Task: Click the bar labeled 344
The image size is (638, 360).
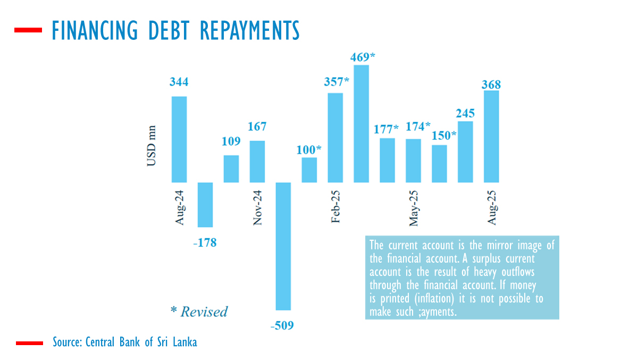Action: click(179, 139)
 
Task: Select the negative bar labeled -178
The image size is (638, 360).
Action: click(205, 205)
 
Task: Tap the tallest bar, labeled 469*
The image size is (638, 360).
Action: click(362, 124)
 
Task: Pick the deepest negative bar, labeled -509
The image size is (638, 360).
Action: click(283, 246)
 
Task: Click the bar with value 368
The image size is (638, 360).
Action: click(491, 137)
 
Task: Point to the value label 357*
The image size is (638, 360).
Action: click(337, 82)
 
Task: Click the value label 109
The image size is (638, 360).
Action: click(231, 141)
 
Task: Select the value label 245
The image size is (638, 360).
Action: click(465, 113)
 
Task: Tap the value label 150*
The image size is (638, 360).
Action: click(444, 135)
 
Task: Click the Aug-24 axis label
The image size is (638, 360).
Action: click(179, 207)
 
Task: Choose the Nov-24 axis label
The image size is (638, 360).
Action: click(257, 207)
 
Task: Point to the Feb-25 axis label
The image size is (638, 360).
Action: click(336, 207)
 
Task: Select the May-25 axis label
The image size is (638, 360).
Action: click(414, 207)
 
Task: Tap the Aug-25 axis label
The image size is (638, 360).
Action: click(492, 207)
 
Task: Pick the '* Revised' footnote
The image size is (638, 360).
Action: click(199, 312)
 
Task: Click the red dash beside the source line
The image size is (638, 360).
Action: click(29, 343)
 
